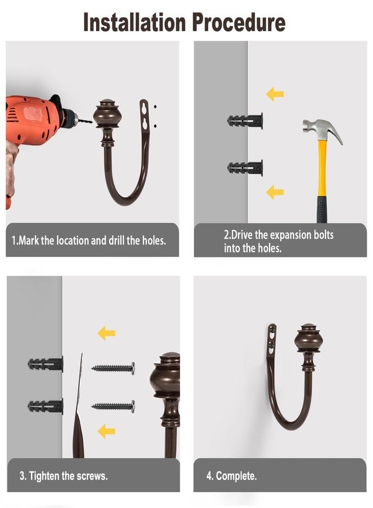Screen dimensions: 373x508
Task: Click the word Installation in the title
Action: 135,22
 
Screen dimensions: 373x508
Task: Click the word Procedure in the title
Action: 238,22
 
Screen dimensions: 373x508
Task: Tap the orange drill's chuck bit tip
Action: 92,122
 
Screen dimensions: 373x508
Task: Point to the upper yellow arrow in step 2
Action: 275,94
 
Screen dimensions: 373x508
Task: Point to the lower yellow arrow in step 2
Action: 275,192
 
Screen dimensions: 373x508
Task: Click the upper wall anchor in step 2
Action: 245,121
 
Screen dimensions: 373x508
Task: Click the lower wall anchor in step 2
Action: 245,168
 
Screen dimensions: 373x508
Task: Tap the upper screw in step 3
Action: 113,368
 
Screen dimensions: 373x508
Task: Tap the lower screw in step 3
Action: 113,406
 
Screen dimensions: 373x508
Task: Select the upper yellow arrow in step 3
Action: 106,333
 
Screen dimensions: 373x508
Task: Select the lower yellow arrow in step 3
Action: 106,431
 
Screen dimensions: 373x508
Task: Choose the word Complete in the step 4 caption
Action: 236,476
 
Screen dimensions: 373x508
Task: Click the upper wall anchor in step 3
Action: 45,364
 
